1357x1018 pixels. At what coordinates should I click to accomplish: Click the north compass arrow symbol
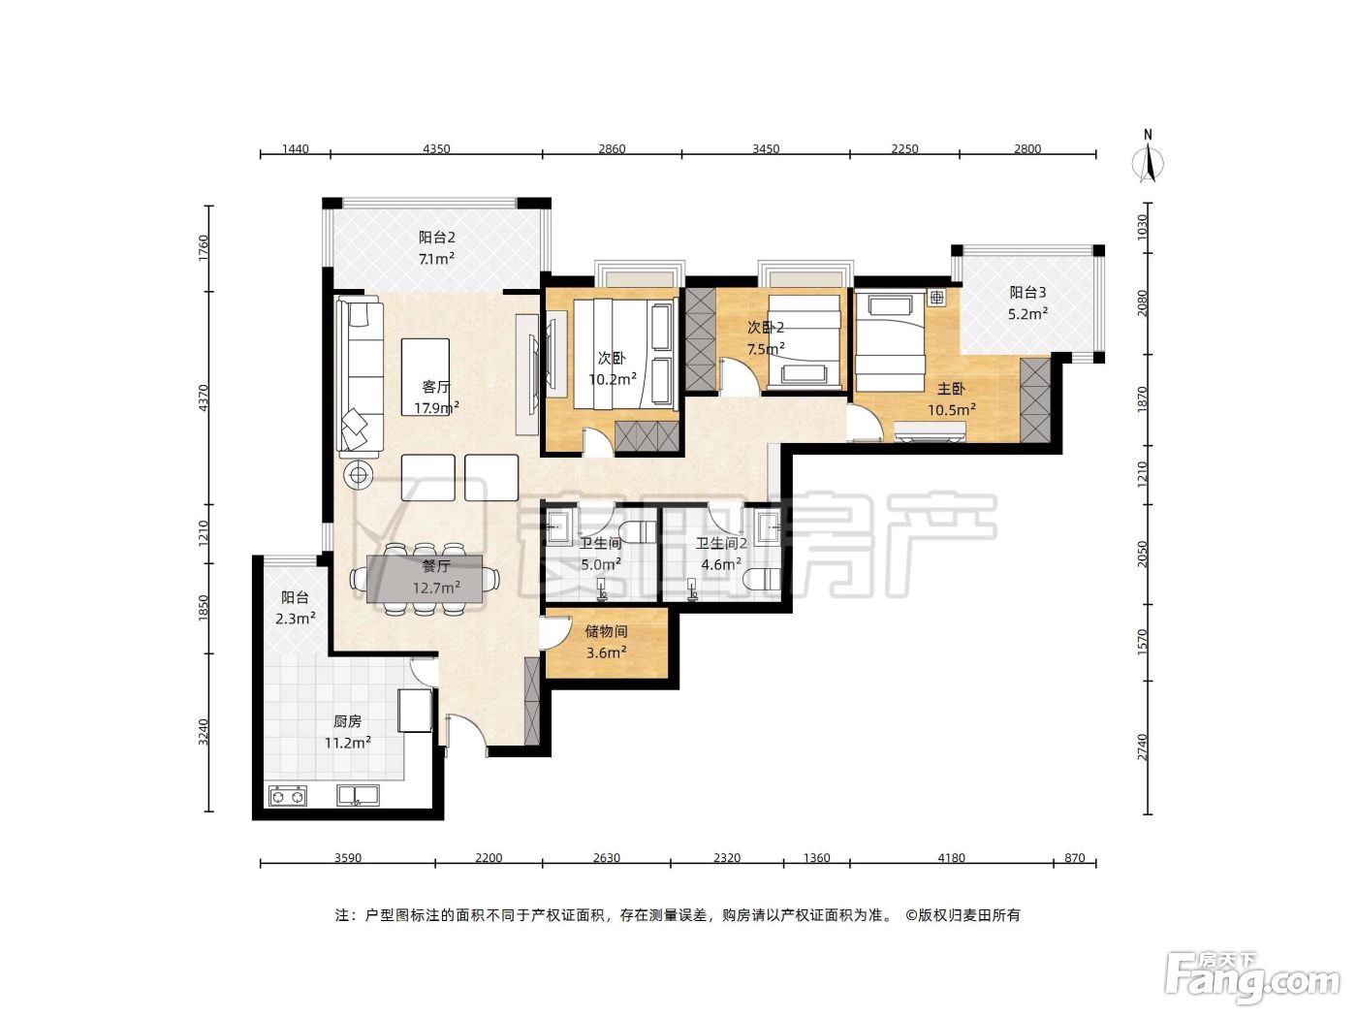[1148, 163]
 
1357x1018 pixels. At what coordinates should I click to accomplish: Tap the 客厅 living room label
[435, 386]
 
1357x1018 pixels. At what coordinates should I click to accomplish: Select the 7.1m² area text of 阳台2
[436, 259]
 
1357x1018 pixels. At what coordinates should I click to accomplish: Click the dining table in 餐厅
[425, 579]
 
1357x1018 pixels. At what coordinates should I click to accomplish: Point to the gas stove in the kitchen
[288, 796]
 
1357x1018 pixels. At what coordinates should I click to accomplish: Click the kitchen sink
[358, 795]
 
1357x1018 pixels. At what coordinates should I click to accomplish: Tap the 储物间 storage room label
[606, 631]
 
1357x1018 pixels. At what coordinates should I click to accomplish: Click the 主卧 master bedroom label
[951, 389]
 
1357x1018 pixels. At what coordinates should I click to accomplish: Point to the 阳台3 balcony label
[1027, 292]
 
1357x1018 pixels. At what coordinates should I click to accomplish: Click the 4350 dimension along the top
[436, 148]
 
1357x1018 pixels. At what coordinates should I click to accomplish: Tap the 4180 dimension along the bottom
[951, 857]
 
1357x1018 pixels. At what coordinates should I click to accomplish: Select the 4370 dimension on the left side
[204, 398]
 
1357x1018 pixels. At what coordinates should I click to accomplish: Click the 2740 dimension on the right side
[1142, 748]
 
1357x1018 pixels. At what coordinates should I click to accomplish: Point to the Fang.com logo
[1252, 978]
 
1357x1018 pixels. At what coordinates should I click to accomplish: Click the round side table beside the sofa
[358, 475]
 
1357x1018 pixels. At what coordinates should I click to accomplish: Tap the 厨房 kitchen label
[347, 720]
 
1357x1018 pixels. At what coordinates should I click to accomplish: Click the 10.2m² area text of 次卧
[613, 379]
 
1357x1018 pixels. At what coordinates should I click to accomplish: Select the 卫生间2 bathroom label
[721, 543]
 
